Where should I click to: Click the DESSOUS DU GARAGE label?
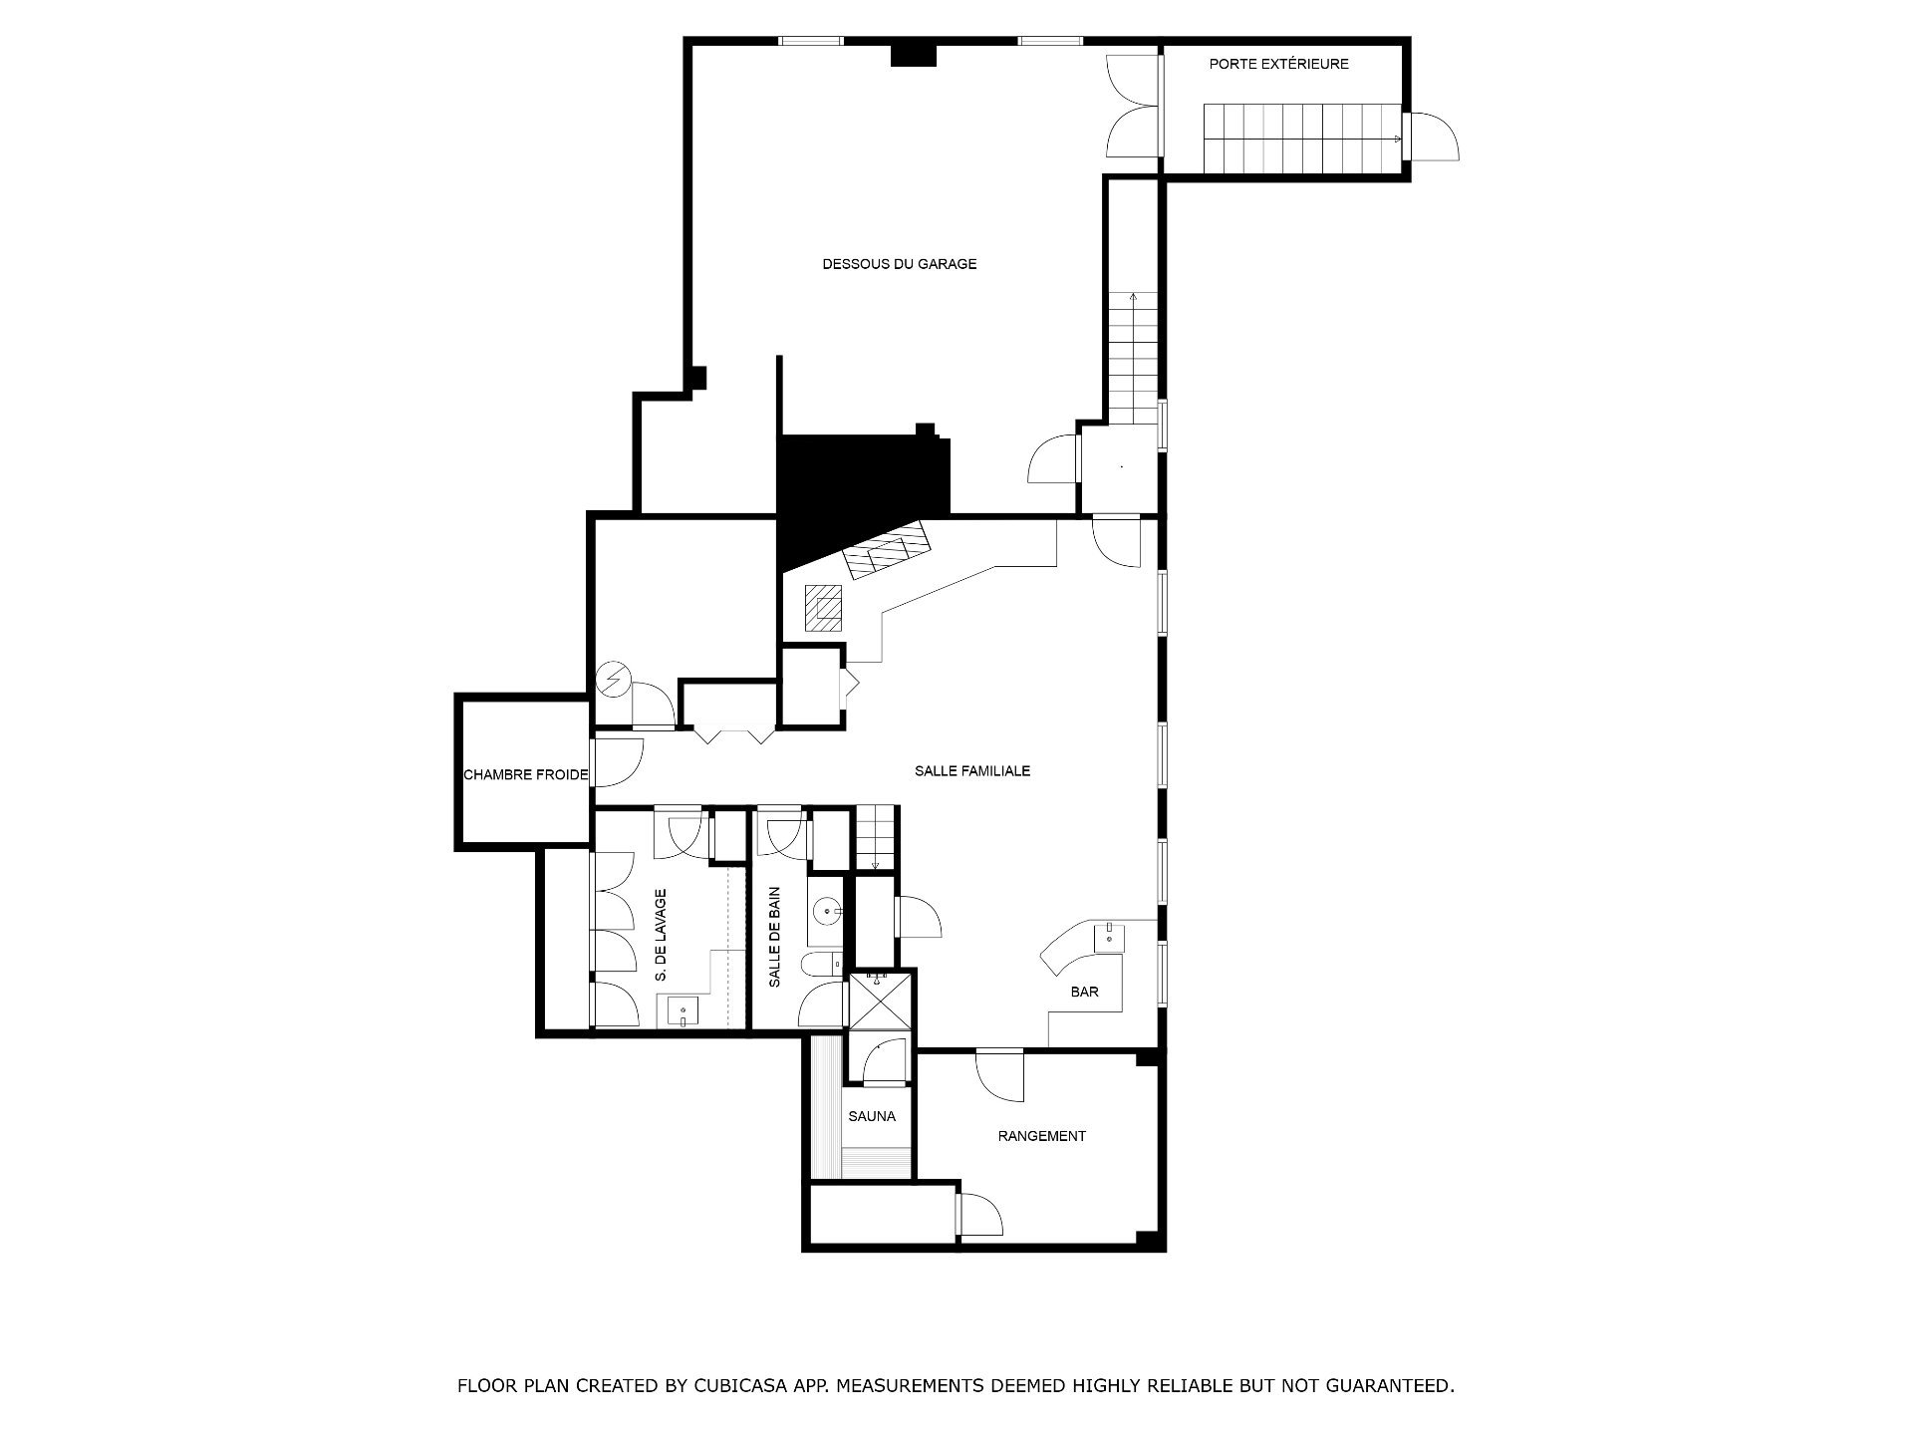pos(899,264)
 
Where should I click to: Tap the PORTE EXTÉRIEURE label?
pos(1278,64)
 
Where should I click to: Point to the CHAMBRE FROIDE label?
pos(526,774)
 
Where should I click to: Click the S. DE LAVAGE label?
pos(661,936)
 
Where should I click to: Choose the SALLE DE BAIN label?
pos(774,937)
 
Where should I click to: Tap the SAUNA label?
pos(872,1116)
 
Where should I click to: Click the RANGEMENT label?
pos(1041,1136)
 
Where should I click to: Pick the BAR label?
pos(1084,992)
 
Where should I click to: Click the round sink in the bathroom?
pos(827,911)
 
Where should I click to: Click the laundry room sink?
pos(683,1011)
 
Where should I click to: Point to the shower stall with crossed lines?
pos(878,1000)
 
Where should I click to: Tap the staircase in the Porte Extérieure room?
pos(1303,138)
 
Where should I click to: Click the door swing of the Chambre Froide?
pos(620,763)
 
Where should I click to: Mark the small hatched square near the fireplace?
pos(825,608)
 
